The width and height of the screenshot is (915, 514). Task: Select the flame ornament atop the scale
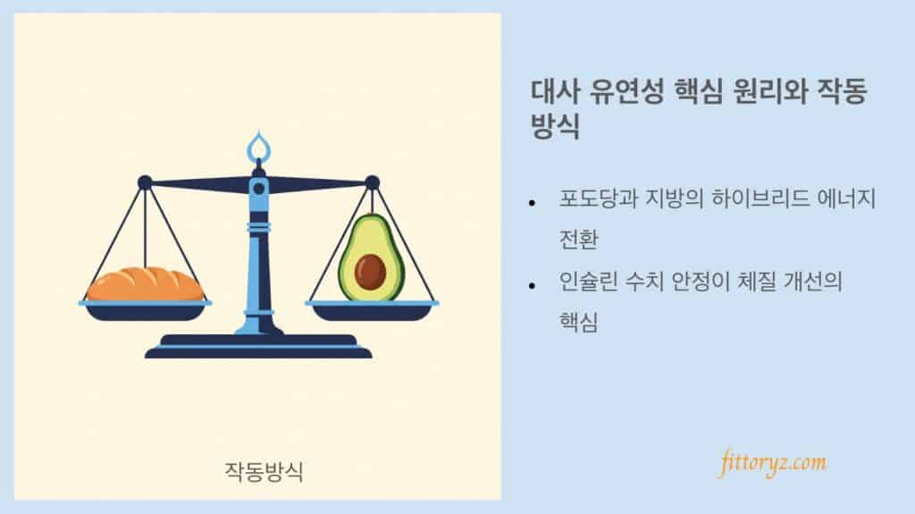click(258, 145)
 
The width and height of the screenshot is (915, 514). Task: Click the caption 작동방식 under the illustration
click(264, 470)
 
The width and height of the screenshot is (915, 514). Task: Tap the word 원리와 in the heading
click(769, 92)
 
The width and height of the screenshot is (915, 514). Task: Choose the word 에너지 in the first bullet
click(848, 200)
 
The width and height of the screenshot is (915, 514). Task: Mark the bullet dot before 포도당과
click(533, 203)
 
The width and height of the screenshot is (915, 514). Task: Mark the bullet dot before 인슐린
click(533, 285)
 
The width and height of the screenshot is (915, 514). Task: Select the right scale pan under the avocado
click(371, 309)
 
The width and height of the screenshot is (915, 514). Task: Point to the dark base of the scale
click(258, 349)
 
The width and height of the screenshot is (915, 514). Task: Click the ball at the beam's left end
click(145, 182)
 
